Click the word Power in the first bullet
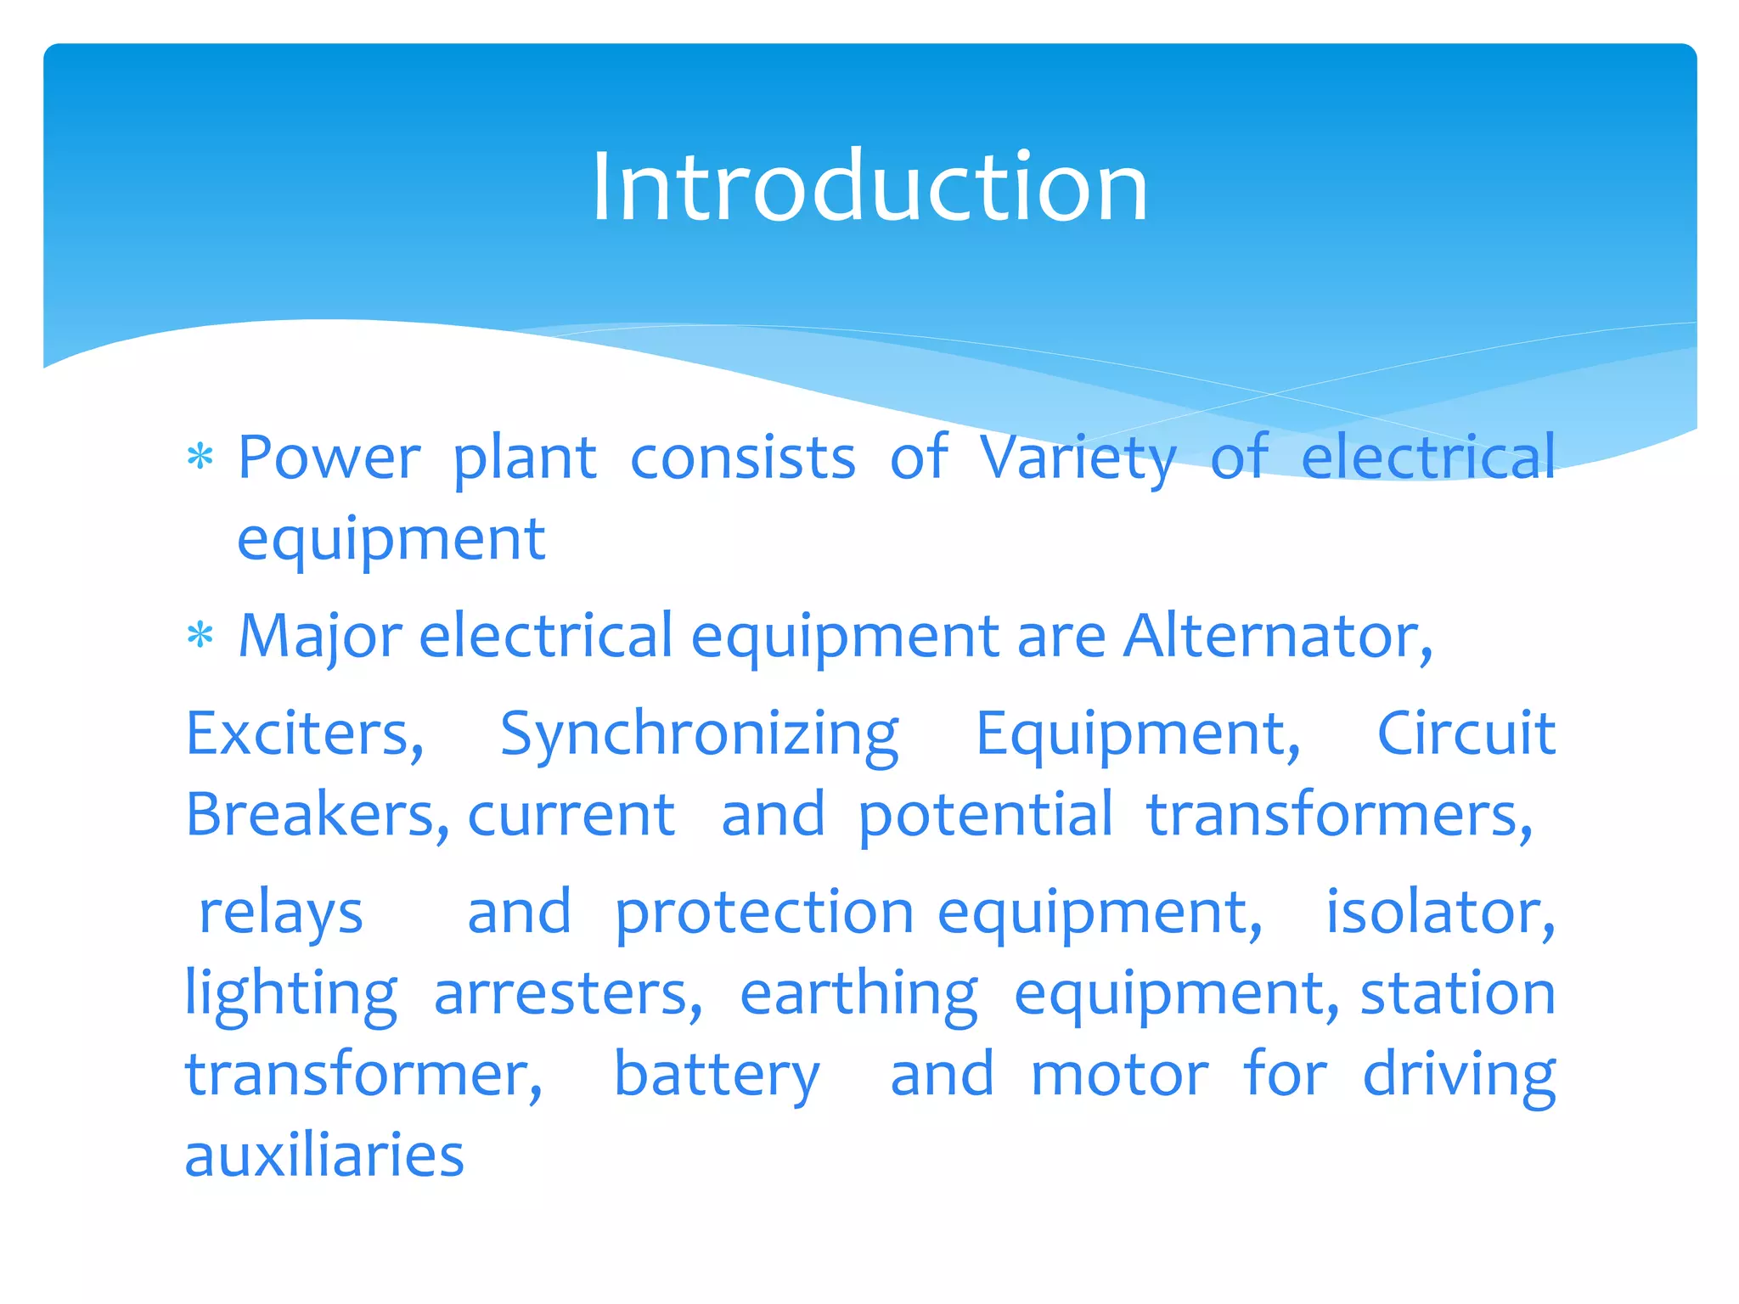click(329, 458)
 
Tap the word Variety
click(1078, 458)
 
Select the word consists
click(743, 458)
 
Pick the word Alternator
click(1277, 636)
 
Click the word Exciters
click(304, 733)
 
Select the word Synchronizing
click(699, 735)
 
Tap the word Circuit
click(1466, 733)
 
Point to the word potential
click(985, 816)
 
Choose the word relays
click(281, 913)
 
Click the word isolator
click(1440, 912)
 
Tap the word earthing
click(858, 995)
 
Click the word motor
click(1119, 1075)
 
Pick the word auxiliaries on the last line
click(324, 1155)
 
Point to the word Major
click(320, 638)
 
